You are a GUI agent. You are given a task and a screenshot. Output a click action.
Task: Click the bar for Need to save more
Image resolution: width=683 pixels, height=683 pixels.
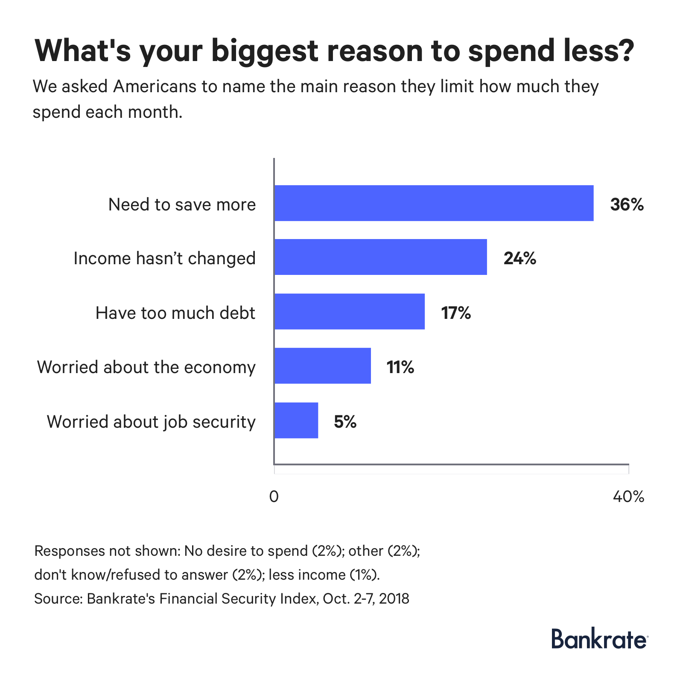434,203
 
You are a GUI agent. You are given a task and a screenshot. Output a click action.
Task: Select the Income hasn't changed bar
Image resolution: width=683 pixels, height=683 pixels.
380,257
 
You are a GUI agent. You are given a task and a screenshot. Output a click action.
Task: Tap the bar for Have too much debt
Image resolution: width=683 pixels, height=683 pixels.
349,311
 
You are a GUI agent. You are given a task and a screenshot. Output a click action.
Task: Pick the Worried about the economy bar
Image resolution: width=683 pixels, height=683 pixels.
322,365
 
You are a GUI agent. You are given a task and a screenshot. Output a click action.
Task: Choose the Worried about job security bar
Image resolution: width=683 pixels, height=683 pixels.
296,420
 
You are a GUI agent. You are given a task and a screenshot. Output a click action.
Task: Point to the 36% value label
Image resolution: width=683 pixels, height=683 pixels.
626,204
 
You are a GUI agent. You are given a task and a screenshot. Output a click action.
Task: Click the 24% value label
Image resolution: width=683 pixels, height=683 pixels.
520,258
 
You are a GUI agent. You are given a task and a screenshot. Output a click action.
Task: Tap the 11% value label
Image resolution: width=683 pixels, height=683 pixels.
400,367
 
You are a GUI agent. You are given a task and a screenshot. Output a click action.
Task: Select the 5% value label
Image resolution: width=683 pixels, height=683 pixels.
345,421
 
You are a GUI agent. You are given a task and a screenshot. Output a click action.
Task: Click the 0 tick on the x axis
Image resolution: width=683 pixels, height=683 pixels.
274,496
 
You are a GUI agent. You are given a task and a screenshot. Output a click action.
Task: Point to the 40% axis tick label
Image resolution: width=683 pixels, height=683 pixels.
628,496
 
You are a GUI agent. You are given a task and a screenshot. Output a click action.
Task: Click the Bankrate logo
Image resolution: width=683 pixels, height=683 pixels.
599,639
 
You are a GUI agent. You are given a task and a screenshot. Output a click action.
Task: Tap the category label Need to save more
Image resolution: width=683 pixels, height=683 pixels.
182,204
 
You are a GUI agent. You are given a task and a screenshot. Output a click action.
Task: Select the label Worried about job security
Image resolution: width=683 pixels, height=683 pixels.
151,421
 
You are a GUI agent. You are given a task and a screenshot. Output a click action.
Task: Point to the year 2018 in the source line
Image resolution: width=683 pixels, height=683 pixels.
394,598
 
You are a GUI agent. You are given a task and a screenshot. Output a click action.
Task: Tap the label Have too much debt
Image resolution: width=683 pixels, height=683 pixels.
175,313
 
